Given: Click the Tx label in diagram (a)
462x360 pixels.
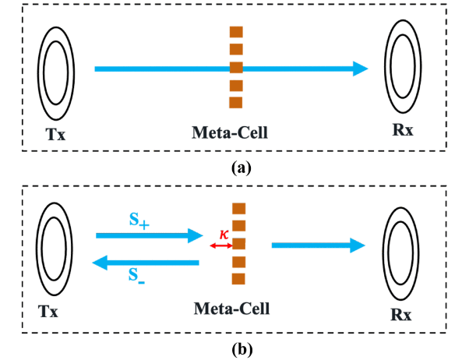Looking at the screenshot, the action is click(55, 134).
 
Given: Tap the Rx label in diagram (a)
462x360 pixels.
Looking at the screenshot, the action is click(403, 129).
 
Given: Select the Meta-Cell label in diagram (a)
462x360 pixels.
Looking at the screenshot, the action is click(230, 132).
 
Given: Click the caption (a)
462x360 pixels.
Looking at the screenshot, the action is click(242, 168).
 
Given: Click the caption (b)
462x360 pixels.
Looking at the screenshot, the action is click(242, 349).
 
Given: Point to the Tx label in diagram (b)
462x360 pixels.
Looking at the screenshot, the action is click(48, 311).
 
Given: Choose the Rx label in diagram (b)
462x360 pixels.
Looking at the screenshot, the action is click(400, 315).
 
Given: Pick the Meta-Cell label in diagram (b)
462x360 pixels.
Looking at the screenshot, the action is click(231, 309).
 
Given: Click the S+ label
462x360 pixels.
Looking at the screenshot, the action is click(139, 221).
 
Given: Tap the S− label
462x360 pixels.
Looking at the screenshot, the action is click(136, 275).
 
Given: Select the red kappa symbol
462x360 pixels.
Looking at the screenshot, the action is click(224, 235).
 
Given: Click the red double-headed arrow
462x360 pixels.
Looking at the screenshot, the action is click(221, 245).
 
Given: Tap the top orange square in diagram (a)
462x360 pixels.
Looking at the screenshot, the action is click(236, 32).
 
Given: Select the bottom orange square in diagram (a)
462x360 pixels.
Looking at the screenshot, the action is click(236, 103).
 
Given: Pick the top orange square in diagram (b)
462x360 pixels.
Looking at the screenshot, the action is click(239, 208).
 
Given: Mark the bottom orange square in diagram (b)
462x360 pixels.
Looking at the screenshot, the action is click(238, 279).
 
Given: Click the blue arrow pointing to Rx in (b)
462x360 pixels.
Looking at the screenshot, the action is click(318, 245).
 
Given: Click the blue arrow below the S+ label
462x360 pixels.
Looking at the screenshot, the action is click(150, 235).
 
